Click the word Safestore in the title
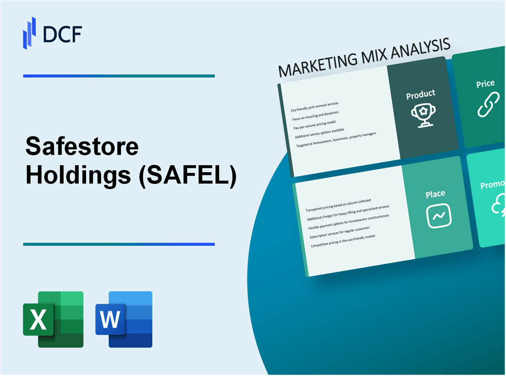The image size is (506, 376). [82, 147]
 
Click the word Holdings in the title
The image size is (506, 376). [78, 175]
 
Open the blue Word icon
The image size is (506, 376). [124, 319]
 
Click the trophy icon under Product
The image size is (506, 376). [422, 116]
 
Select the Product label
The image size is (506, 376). [420, 94]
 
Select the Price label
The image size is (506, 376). [485, 84]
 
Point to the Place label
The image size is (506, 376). [435, 194]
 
